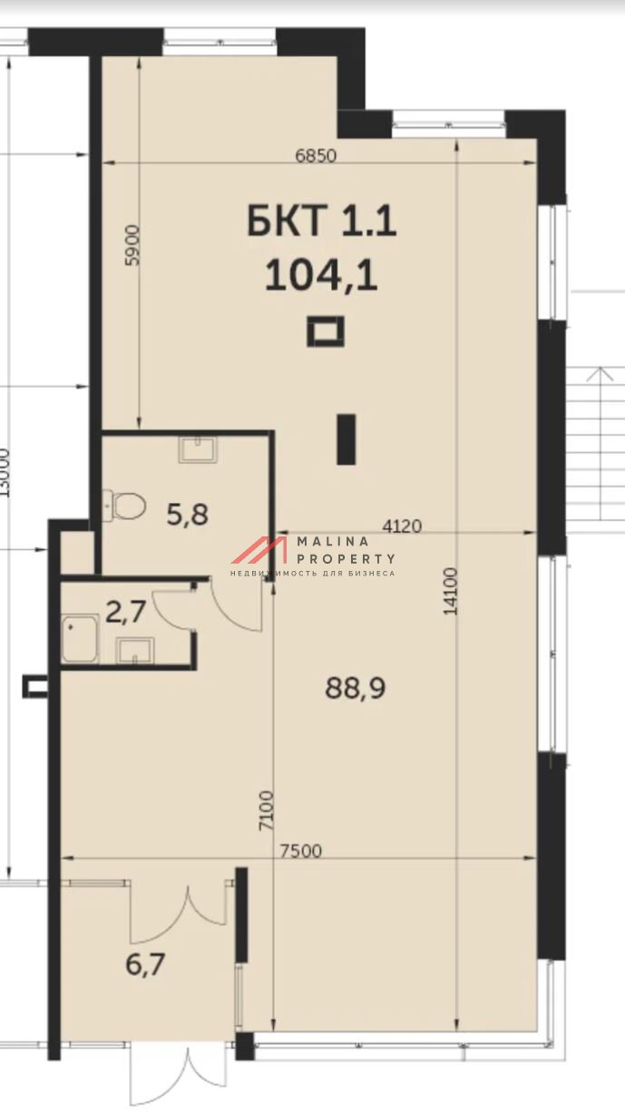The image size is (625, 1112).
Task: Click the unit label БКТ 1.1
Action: point(321,221)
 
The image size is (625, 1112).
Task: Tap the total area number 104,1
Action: point(321,276)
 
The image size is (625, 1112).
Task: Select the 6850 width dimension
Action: point(316,156)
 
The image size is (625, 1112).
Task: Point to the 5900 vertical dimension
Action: point(132,246)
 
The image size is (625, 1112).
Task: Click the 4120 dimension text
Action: point(402,527)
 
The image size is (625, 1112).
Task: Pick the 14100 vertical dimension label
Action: point(450,591)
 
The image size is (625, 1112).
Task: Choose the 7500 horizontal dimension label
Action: point(301,851)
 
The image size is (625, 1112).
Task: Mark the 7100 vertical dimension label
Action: point(267,811)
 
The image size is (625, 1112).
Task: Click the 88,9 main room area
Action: point(356,689)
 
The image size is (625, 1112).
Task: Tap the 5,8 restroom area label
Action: point(187,515)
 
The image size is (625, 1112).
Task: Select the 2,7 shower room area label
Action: point(126,612)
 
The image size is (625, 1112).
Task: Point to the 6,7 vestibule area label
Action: point(145,965)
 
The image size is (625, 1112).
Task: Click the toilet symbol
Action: point(123,506)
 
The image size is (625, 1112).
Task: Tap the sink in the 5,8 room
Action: point(199,450)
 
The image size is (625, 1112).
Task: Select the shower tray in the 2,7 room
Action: point(80,638)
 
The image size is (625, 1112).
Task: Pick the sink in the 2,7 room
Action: point(134,651)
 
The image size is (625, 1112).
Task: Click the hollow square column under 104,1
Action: point(326,332)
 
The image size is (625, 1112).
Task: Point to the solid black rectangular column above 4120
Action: point(347,440)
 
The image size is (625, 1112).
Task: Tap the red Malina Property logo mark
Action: point(259,549)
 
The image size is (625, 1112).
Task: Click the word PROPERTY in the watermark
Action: point(346,559)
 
